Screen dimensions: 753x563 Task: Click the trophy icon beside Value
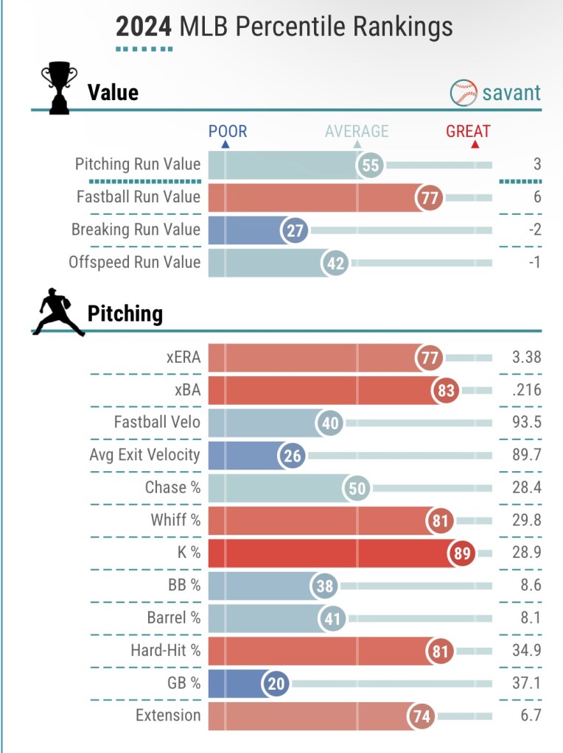click(x=59, y=90)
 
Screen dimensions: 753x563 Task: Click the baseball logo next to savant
click(x=463, y=93)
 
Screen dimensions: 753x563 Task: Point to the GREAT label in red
click(x=468, y=132)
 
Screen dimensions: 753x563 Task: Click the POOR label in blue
click(x=228, y=132)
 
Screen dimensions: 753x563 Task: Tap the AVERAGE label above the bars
click(x=357, y=132)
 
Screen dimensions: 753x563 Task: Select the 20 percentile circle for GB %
click(x=276, y=683)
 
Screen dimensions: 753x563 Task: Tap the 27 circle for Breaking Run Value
click(x=295, y=230)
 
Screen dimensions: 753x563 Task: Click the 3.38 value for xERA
click(x=526, y=358)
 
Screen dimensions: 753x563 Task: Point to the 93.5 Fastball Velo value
click(x=526, y=423)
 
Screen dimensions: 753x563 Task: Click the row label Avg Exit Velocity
click(x=144, y=455)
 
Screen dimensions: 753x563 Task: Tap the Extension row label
click(x=168, y=715)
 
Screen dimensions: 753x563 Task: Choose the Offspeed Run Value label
click(x=134, y=262)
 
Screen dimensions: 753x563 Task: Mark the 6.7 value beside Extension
click(x=531, y=715)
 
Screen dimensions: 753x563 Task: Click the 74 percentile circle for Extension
click(x=424, y=715)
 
